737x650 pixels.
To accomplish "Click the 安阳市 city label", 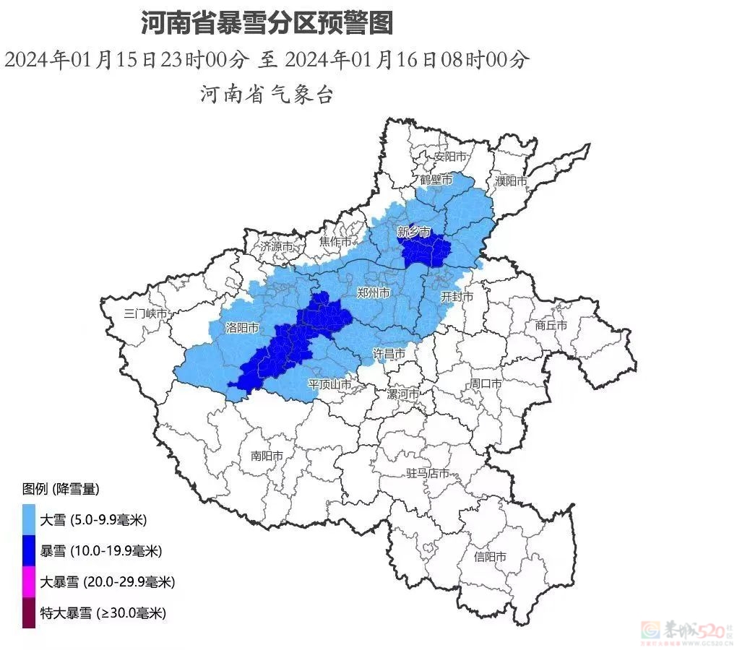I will [x=449, y=157].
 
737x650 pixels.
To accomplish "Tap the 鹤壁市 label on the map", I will [x=436, y=179].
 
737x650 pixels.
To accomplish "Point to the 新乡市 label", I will [x=414, y=232].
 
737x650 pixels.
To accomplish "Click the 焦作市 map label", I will [x=335, y=242].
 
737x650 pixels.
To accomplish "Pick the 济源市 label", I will [x=277, y=246].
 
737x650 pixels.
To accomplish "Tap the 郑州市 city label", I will [x=374, y=292].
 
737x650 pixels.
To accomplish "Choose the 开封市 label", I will [x=457, y=297].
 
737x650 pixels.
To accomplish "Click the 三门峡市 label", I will [x=146, y=313].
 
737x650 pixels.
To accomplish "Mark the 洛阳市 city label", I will [x=242, y=327].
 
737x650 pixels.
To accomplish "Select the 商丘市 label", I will [x=551, y=325].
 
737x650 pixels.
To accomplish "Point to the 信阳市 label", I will [x=490, y=557].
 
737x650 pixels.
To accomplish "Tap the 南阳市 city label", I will [x=267, y=456].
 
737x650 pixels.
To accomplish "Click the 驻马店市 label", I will [x=428, y=474].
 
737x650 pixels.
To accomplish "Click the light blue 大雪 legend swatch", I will [x=29, y=519].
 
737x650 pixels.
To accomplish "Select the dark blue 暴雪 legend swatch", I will [x=29, y=550].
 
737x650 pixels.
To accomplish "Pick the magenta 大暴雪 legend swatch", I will [x=29, y=581].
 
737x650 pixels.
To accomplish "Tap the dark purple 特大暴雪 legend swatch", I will [x=29, y=613].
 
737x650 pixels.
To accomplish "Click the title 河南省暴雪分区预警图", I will [x=267, y=23].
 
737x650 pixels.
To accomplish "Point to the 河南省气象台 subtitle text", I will [x=267, y=94].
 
